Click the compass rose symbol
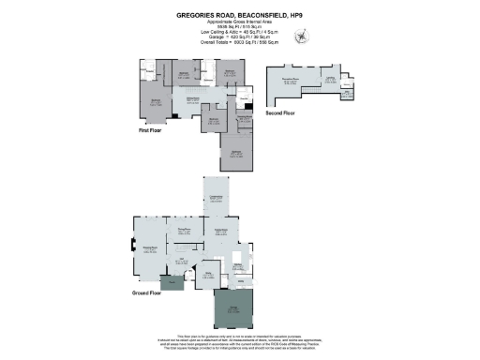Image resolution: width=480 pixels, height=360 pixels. (x=301, y=37)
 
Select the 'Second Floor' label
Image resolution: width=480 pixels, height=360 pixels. (x=280, y=113)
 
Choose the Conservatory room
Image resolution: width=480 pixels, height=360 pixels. (x=217, y=199)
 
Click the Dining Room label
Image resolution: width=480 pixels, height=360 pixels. (x=185, y=230)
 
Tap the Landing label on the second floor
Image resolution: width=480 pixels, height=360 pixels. (x=330, y=79)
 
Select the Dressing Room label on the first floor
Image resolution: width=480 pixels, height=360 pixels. (x=245, y=118)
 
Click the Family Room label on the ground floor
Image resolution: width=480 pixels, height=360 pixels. (x=223, y=231)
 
